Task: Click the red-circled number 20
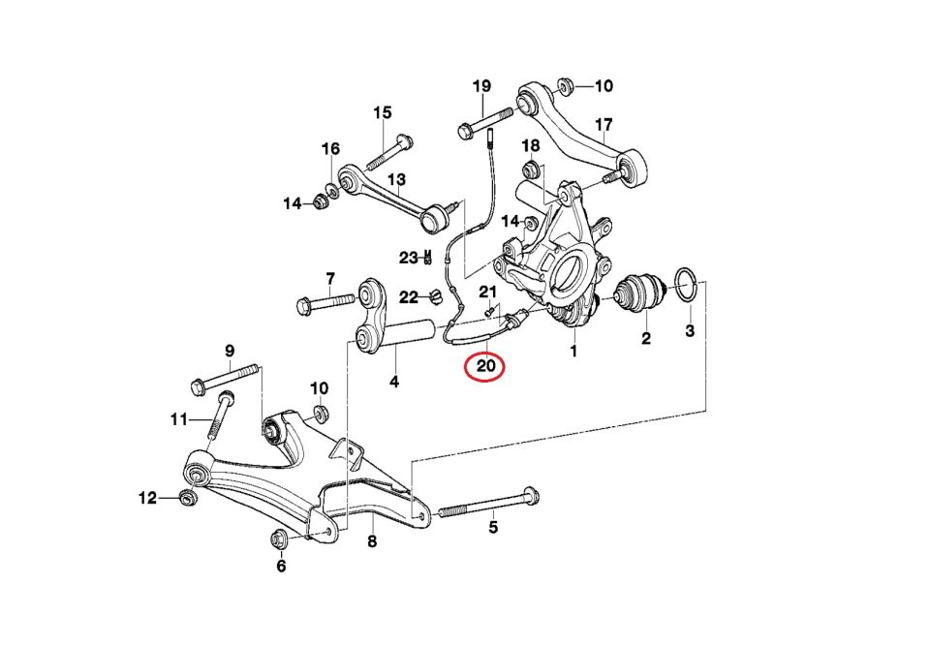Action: point(485,366)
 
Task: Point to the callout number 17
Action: point(604,125)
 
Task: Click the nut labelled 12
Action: point(188,497)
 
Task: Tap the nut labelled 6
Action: point(279,539)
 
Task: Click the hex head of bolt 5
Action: point(531,495)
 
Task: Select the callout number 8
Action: point(372,540)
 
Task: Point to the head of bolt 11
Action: point(226,396)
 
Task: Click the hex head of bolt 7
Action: point(303,306)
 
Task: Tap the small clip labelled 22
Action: point(437,296)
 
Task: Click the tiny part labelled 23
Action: point(427,258)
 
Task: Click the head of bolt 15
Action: point(405,141)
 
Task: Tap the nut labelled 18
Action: point(532,169)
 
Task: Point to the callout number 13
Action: point(397,179)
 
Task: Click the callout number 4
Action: point(394,382)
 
